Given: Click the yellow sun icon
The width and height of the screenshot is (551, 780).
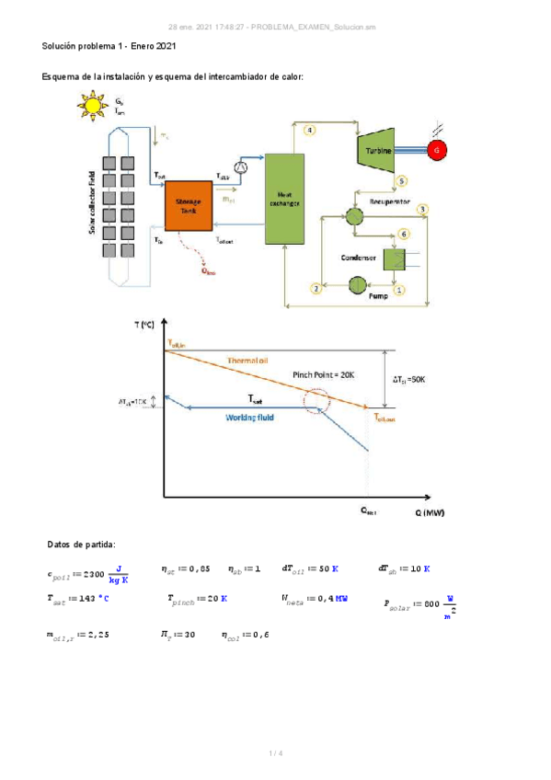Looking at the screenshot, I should coord(91,106).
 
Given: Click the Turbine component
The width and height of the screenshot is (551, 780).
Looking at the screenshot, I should coord(377,149).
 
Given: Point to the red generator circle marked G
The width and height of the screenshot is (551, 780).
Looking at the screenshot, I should coord(437,149).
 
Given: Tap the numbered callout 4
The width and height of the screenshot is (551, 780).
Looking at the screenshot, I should coord(310,131).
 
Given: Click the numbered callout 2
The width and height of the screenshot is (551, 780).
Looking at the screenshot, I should coord(316,289).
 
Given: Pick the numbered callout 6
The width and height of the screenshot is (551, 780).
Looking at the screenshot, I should coord(403,235).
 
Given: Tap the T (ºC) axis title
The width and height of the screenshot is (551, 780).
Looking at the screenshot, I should coord(145,326).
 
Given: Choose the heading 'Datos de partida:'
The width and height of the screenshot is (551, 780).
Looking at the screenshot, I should coord(81,545).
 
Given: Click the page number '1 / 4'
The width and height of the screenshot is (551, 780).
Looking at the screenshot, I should coord(275,753).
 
